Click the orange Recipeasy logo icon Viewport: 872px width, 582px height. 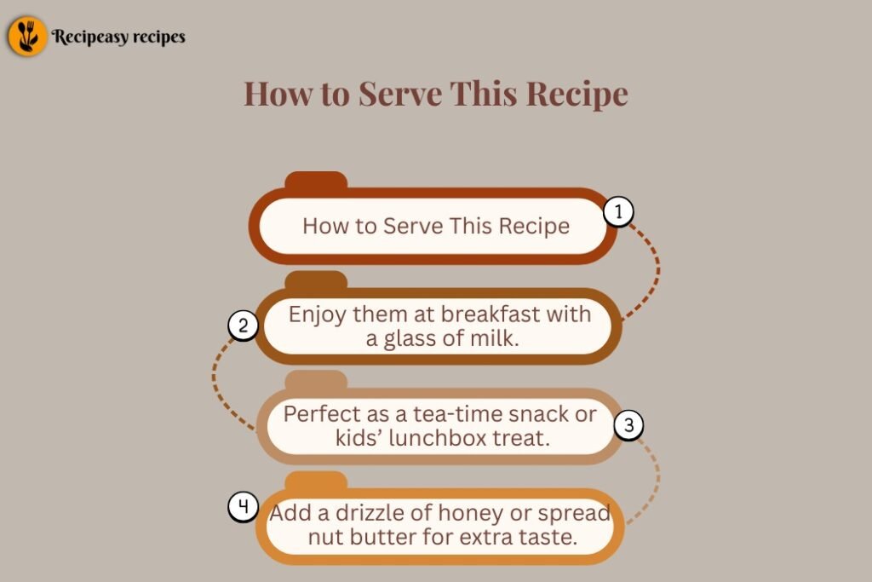[x=26, y=36]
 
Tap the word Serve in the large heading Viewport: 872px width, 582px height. [x=400, y=93]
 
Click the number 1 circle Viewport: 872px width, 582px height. [x=618, y=211]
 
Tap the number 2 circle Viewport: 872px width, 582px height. [x=243, y=325]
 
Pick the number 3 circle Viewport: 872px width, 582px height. [x=628, y=425]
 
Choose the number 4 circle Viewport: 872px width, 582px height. [x=243, y=507]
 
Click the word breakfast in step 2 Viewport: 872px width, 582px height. [x=490, y=314]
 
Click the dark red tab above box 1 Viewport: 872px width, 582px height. [x=316, y=181]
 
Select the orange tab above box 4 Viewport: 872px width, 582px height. [x=316, y=481]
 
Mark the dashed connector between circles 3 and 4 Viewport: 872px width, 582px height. [x=657, y=479]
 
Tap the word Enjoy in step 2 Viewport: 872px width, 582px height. [x=317, y=315]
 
